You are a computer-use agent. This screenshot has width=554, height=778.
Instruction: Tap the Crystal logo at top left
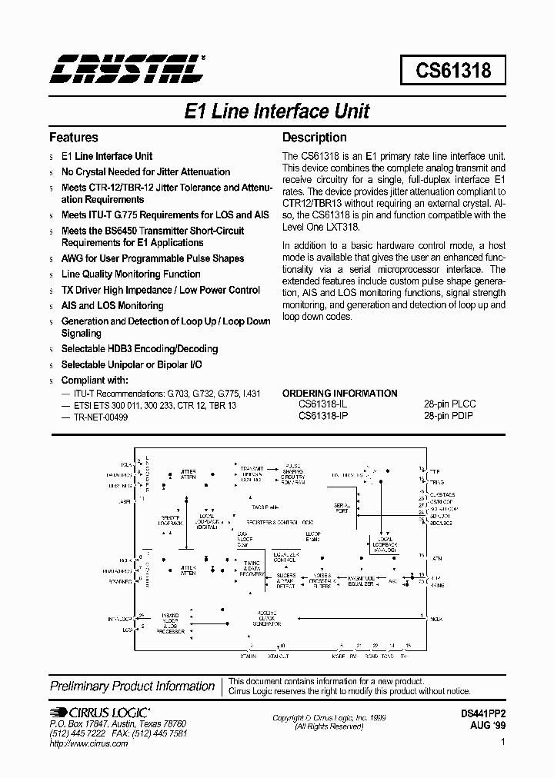(x=127, y=68)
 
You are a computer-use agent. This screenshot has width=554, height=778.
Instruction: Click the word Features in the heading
(x=74, y=138)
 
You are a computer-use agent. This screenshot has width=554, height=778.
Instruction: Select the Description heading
(x=314, y=138)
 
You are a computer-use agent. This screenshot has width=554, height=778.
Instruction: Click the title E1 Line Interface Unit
(x=277, y=111)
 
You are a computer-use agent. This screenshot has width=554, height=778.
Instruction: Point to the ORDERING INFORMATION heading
(x=339, y=393)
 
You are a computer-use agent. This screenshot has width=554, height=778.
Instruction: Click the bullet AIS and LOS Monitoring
(x=112, y=305)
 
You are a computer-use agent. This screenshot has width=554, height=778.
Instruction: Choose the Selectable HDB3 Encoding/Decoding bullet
(x=139, y=349)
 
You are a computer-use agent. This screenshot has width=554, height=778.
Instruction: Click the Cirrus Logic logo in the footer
(x=101, y=713)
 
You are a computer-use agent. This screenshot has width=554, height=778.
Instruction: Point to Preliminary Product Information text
(x=132, y=686)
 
